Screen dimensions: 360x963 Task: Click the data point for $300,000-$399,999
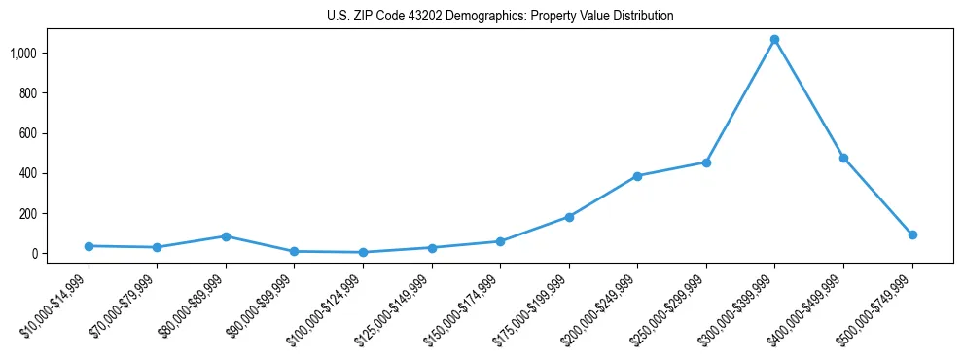tap(774, 40)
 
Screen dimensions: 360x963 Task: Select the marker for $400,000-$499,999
tap(843, 158)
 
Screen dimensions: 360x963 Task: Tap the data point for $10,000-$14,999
tap(89, 246)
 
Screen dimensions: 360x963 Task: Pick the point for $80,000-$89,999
tap(226, 236)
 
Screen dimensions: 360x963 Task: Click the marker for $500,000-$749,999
tap(912, 234)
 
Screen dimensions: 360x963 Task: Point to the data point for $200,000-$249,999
tap(637, 176)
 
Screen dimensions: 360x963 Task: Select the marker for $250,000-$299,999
tap(706, 162)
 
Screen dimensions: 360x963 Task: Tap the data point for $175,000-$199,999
tap(569, 217)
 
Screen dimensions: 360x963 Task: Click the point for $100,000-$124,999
tap(363, 252)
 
